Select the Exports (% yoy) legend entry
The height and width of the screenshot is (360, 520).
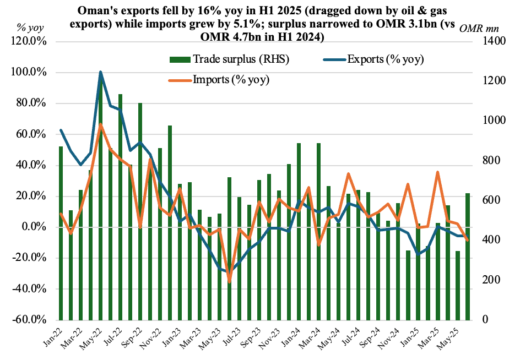[x=385, y=59]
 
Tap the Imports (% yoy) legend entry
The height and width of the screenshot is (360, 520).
[x=231, y=79]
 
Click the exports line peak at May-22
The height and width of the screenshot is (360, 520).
[x=100, y=72]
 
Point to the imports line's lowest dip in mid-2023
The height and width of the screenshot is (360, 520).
[x=229, y=282]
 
